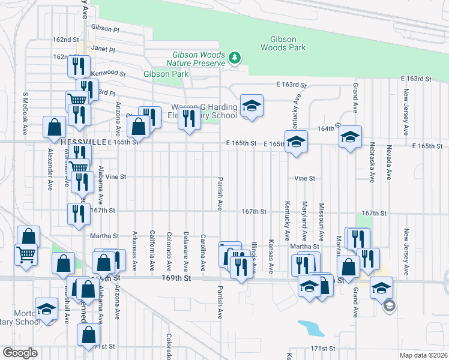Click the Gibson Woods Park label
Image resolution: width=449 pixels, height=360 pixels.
pos(283,43)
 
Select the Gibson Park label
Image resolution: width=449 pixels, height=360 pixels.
pos(166,74)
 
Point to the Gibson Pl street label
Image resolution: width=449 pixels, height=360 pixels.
pos(106,28)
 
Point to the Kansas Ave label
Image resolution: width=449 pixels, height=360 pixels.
pos(271,256)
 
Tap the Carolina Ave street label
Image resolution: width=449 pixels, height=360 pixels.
pos(203,252)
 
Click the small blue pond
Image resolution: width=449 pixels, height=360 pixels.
pos(309,328)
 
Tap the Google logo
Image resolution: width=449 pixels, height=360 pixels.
pos(20,352)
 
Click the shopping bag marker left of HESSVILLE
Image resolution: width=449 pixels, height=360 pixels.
pos(55,127)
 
